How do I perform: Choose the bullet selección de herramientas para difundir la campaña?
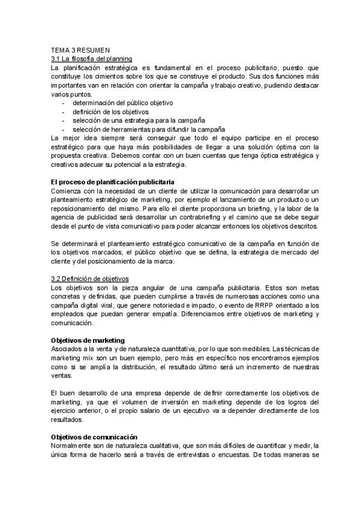point(149,129)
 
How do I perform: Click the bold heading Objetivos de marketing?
point(88,340)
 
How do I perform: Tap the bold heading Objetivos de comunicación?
point(94,437)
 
